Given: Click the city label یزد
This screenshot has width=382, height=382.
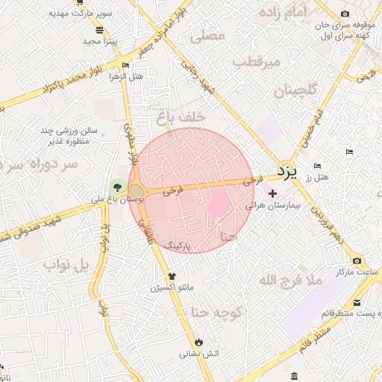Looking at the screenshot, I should pos(287,172).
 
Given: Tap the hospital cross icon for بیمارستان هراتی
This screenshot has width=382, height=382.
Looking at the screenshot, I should pos(272,193).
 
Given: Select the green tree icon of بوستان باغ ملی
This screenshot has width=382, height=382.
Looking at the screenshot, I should pos(116,187).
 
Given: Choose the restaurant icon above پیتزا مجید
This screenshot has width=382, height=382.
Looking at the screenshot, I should pos(100,30).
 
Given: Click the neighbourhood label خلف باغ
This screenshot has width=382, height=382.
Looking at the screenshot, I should pos(175,117).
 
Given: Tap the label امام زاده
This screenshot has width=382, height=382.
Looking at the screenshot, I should pos(285,12).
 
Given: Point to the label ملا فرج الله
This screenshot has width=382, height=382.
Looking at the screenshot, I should pos(289,281).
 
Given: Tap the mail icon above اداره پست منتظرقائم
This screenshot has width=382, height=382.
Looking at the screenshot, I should pos(357,303).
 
